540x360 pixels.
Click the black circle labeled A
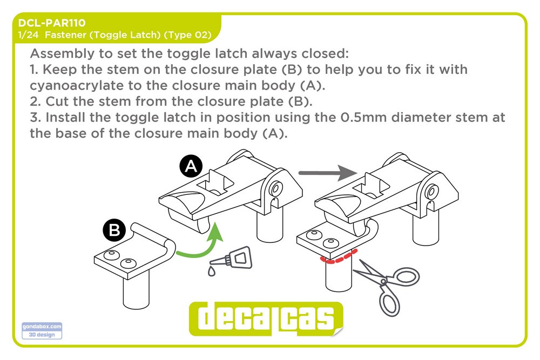pos(191,167)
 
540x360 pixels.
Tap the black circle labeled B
pos(114,229)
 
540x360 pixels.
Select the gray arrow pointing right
pos(328,173)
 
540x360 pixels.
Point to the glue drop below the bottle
pos(212,271)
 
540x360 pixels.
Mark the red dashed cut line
pos(338,257)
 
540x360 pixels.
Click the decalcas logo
pos(266,318)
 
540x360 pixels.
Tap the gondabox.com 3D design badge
pos(42,331)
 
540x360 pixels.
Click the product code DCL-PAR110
pos(52,23)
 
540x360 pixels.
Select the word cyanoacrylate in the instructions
pos(77,86)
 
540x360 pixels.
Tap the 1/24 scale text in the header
pos(28,35)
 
